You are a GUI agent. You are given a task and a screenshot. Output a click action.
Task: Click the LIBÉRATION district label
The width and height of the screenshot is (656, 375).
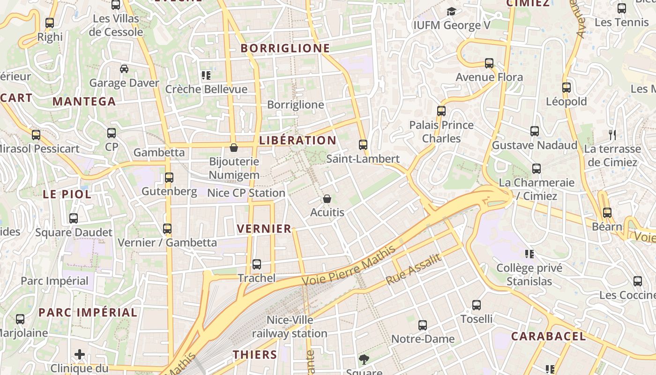pyautogui.click(x=298, y=141)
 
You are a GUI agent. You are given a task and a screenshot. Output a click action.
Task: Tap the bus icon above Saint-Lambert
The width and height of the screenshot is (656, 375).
pyautogui.click(x=363, y=144)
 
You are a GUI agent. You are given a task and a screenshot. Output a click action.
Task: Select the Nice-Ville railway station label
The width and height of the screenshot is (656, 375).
pyautogui.click(x=290, y=327)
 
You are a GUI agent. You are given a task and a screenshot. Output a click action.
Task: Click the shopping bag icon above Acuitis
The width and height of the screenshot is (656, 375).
pyautogui.click(x=327, y=199)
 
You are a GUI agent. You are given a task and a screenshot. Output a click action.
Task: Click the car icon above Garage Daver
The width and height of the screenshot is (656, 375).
pyautogui.click(x=124, y=69)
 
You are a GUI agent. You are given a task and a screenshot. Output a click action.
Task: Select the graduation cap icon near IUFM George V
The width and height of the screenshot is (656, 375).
pyautogui.click(x=451, y=11)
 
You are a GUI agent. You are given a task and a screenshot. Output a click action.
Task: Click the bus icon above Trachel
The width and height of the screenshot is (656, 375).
pyautogui.click(x=256, y=264)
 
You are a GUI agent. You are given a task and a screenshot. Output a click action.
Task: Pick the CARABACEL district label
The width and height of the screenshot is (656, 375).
pyautogui.click(x=548, y=336)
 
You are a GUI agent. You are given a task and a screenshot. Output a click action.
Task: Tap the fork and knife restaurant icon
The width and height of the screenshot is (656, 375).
pyautogui.click(x=612, y=135)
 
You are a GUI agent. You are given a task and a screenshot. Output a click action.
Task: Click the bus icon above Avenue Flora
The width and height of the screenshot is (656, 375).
pyautogui.click(x=489, y=63)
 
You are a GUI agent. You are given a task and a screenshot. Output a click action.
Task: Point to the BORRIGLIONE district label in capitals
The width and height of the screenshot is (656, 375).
pyautogui.click(x=285, y=48)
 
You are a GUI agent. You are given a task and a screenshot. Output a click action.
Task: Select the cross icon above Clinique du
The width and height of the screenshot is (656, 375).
pyautogui.click(x=80, y=354)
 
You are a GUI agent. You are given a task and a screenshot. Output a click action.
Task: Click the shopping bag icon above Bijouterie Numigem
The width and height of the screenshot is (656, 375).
pyautogui.click(x=234, y=148)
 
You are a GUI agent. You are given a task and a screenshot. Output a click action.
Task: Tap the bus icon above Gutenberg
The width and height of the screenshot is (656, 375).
pyautogui.click(x=169, y=178)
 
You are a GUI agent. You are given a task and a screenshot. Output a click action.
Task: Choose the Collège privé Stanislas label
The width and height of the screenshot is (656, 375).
pyautogui.click(x=529, y=275)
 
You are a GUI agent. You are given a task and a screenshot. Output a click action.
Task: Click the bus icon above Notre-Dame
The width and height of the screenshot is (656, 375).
pyautogui.click(x=423, y=325)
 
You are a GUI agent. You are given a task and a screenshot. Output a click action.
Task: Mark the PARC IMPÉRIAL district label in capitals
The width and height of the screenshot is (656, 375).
pyautogui.click(x=88, y=312)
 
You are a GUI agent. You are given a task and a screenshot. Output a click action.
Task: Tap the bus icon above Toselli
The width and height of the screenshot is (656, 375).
pyautogui.click(x=477, y=305)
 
